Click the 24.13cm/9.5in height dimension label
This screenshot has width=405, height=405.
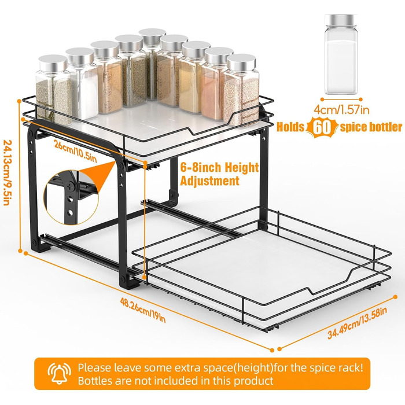[x=7, y=172]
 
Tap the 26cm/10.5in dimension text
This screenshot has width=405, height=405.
[x=75, y=152]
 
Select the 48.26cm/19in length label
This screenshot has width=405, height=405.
[x=143, y=310]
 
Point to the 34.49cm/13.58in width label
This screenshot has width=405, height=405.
[x=357, y=323]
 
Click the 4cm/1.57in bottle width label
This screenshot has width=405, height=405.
[x=341, y=110]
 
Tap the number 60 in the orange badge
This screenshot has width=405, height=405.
[x=322, y=127]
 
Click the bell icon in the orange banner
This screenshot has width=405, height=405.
[x=60, y=374]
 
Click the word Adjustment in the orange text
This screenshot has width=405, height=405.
[x=209, y=181]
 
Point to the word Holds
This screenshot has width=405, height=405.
[x=290, y=127]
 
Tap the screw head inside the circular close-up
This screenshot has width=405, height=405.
[x=69, y=185]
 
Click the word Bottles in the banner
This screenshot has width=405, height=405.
[x=95, y=381]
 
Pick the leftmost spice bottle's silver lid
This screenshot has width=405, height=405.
[x=53, y=63]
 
